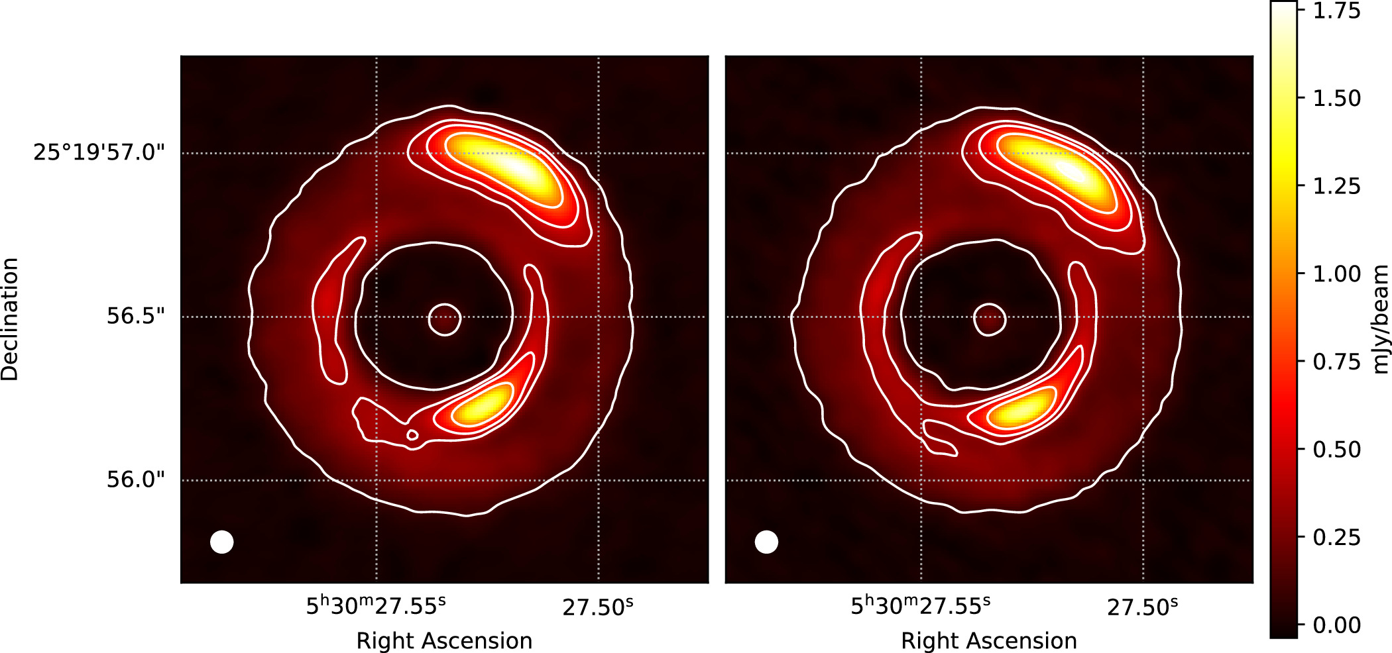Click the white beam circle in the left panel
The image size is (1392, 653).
[x=222, y=542]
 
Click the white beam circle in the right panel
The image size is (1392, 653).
[x=766, y=542]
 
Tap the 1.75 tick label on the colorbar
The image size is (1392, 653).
[x=1337, y=11]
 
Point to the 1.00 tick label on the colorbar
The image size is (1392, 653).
[x=1337, y=274]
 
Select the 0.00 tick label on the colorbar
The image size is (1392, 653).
[x=1337, y=625]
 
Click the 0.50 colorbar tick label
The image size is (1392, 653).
[x=1337, y=449]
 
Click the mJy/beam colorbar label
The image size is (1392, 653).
[x=1380, y=319]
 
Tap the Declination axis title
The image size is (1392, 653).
[x=10, y=319]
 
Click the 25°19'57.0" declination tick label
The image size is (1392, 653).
[x=99, y=152]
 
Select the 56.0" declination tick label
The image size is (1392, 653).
[x=135, y=479]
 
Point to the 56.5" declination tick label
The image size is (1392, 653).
[x=135, y=316]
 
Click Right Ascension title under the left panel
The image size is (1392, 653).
[x=444, y=640]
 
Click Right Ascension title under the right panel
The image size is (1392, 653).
[x=988, y=640]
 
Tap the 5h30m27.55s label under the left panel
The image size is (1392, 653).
[x=376, y=605]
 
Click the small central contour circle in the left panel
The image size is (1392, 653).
[x=445, y=320]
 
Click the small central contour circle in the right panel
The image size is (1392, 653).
[x=990, y=320]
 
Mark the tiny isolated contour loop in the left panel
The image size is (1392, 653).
[x=412, y=435]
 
